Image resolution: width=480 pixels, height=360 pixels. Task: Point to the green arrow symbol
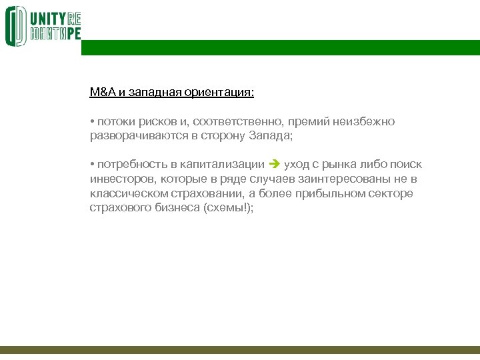click(275, 165)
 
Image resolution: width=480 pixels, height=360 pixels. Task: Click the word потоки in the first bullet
click(114, 121)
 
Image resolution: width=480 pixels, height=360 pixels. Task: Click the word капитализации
click(223, 165)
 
